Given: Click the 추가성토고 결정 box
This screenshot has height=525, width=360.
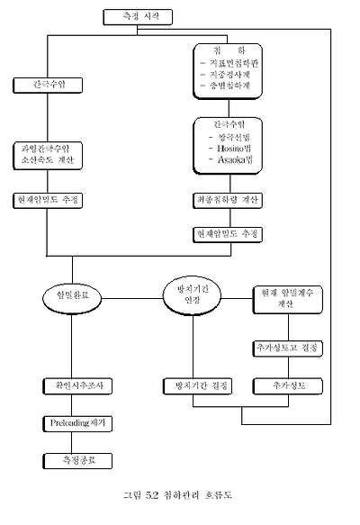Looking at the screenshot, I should click(x=287, y=347).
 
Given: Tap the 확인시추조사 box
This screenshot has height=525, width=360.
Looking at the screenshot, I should click(x=74, y=385).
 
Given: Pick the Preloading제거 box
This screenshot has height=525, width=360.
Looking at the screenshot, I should click(x=74, y=421).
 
